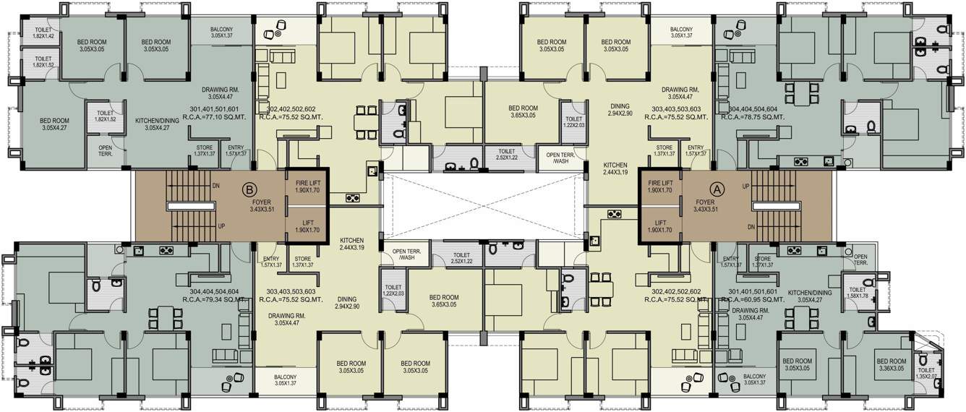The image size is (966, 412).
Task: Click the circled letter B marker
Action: point(249,189)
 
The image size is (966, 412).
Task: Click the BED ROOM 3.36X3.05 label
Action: point(890,365)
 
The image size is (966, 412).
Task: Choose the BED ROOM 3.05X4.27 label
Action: point(54,124)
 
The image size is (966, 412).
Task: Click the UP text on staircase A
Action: point(745,186)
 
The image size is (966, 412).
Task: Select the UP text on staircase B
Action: point(221,226)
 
